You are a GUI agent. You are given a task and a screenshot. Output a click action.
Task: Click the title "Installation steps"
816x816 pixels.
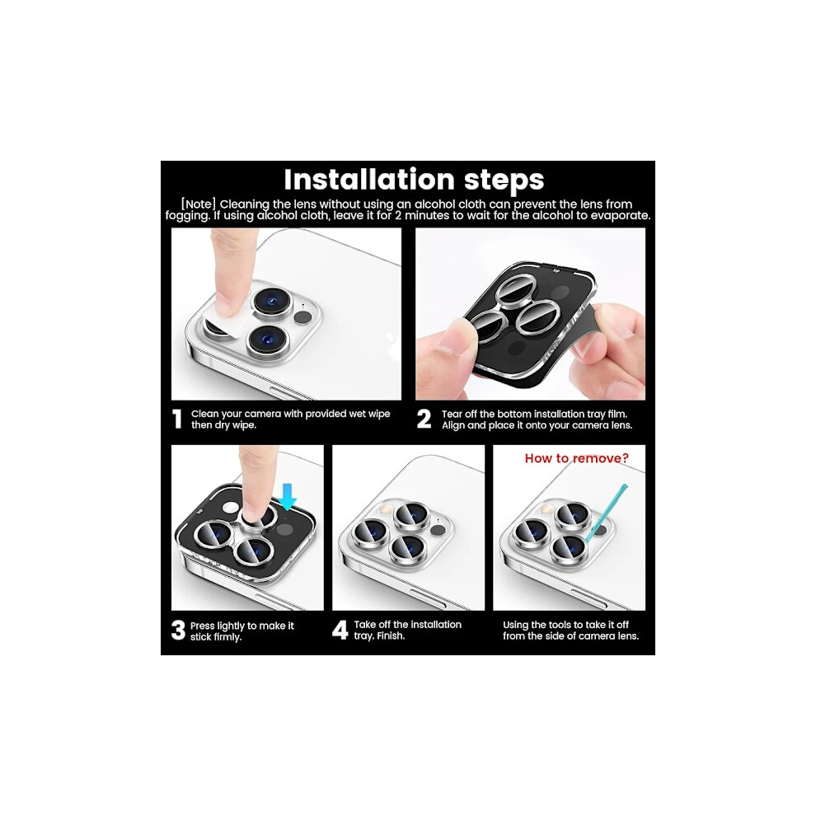coord(414,180)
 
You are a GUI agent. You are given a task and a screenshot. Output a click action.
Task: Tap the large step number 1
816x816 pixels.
coord(177,419)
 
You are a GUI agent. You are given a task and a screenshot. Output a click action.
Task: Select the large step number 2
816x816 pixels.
coord(424,419)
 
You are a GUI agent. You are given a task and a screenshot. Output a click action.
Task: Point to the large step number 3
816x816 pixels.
coord(178,630)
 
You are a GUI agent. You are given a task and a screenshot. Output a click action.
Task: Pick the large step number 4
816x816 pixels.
coord(340,630)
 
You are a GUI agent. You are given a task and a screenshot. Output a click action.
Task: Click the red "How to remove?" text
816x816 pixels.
coord(577,458)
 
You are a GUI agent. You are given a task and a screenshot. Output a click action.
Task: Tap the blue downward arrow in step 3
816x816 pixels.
coord(287,496)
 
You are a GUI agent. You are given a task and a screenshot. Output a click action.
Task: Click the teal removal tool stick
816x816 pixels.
coord(606,514)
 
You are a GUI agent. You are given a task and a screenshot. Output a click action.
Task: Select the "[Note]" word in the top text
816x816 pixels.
coord(199,204)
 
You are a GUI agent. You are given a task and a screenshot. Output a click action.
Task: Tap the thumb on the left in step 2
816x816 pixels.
coord(445,345)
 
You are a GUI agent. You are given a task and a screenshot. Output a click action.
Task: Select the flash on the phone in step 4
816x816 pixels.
coord(386,507)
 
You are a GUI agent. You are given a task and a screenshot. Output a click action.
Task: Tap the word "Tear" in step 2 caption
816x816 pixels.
coord(453,415)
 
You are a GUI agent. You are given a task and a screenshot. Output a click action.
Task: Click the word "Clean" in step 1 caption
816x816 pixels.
coord(204,414)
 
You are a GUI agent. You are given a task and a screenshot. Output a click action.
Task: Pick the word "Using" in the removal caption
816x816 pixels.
coord(516,625)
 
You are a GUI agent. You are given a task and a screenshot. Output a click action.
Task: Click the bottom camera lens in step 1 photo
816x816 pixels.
coord(268,340)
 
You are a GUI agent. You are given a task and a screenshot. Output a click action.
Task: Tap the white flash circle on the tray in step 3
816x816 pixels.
coord(230,509)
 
